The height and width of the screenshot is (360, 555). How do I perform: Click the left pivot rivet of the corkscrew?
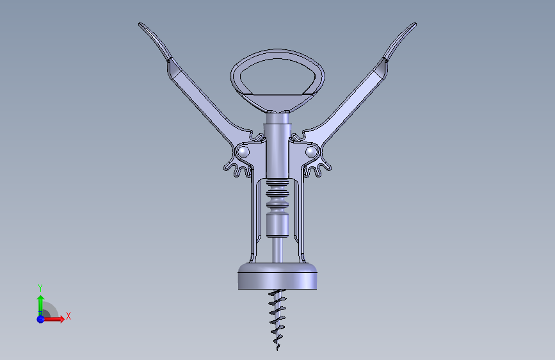(243, 152)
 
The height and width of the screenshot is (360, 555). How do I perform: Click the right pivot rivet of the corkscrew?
(311, 152)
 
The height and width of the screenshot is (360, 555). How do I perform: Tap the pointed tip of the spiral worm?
(277, 350)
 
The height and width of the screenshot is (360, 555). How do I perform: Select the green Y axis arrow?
(41, 306)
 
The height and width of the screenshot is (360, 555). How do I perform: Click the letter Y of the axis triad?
(40, 288)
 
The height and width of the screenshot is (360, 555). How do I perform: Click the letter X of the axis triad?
(68, 316)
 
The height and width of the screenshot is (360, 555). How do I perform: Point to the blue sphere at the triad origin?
(41, 319)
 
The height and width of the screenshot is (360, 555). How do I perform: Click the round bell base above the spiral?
(278, 276)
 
